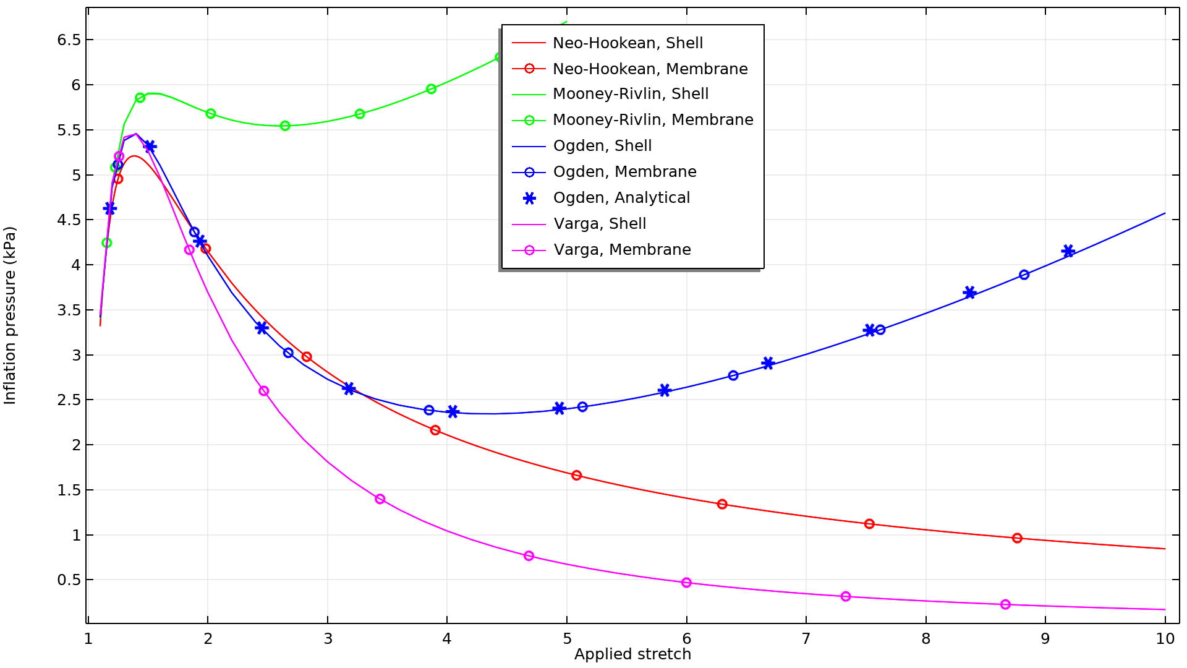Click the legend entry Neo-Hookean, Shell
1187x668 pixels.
tap(628, 43)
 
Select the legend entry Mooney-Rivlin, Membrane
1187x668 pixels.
tap(653, 120)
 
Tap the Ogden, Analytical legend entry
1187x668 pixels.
tap(621, 198)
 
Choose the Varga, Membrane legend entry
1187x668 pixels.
tap(622, 250)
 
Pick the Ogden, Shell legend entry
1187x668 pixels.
tap(602, 146)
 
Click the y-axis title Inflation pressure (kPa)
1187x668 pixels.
tap(10, 315)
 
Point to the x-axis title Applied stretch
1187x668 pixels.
tap(632, 654)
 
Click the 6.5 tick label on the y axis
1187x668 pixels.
tap(69, 40)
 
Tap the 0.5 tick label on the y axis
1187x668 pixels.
tap(69, 580)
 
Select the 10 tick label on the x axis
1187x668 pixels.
tap(1165, 639)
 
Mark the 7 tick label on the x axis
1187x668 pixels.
tap(806, 639)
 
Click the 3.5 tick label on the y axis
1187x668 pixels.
tap(69, 310)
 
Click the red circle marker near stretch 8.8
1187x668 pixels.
tap(1017, 538)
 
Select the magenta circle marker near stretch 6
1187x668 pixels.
tap(686, 583)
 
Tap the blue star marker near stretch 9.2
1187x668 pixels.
tap(1068, 251)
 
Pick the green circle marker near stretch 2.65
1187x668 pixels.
tap(285, 126)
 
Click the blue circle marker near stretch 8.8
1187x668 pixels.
tap(1024, 275)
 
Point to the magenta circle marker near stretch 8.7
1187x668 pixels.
tap(1005, 604)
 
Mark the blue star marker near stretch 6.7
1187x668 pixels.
tap(768, 363)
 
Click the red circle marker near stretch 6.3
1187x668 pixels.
tap(722, 504)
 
